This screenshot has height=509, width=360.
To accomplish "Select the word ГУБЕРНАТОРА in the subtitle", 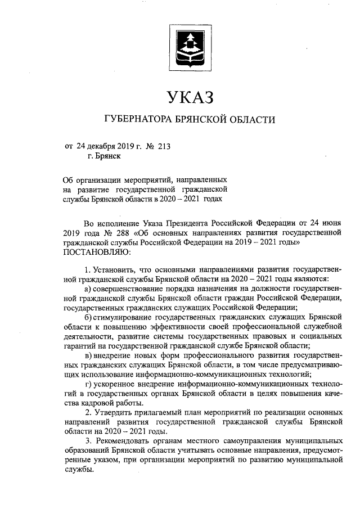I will [x=137, y=120].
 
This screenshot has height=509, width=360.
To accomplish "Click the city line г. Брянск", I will [x=103, y=157].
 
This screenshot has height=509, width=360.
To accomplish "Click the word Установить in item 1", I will [x=115, y=269].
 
